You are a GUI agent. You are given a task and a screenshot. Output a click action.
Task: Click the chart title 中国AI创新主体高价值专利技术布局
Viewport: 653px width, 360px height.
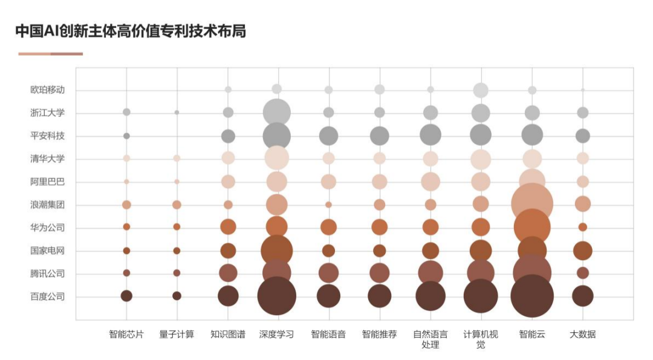click(x=131, y=31)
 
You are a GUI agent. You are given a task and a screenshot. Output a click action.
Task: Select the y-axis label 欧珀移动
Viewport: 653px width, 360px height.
click(x=47, y=90)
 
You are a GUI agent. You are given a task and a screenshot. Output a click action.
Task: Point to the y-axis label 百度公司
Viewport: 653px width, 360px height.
click(x=47, y=296)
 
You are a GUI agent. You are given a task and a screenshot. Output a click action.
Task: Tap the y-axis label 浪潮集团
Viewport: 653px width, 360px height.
click(x=47, y=205)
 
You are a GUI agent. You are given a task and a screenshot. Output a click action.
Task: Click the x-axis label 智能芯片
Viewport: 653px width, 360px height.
click(x=126, y=334)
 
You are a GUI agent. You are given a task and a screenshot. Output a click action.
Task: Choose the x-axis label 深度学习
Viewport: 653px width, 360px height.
click(x=276, y=334)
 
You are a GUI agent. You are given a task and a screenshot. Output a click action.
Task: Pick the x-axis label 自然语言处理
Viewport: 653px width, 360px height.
click(x=430, y=339)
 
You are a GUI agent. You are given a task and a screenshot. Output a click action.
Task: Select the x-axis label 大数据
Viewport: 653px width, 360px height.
click(x=582, y=334)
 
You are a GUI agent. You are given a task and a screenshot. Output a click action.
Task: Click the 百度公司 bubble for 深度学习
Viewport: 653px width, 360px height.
click(x=276, y=296)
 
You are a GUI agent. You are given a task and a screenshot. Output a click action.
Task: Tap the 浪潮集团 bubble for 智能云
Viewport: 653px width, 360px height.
click(x=532, y=204)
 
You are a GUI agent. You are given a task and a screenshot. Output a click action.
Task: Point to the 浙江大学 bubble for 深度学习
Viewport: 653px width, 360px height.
click(x=277, y=113)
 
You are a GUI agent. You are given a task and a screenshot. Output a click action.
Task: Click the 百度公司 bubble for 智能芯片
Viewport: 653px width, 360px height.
click(x=126, y=296)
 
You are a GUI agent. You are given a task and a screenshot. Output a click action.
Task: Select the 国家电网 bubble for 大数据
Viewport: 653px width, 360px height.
click(x=582, y=250)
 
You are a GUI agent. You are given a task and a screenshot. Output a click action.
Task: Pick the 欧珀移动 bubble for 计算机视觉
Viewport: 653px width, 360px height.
click(x=481, y=90)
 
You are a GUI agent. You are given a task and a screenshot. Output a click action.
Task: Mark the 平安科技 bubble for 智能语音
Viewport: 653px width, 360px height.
click(x=328, y=136)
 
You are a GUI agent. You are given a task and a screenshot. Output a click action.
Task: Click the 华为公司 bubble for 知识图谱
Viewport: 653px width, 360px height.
click(x=228, y=227)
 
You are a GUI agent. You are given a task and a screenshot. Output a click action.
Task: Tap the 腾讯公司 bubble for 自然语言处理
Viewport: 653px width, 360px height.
click(x=430, y=273)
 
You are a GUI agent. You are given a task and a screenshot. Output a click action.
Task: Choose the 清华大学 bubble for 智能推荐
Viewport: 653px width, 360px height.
click(x=380, y=159)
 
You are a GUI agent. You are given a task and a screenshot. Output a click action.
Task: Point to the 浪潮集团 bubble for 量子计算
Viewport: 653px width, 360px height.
click(x=177, y=205)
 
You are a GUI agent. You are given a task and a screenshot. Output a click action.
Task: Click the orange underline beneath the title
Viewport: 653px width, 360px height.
click(x=50, y=54)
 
